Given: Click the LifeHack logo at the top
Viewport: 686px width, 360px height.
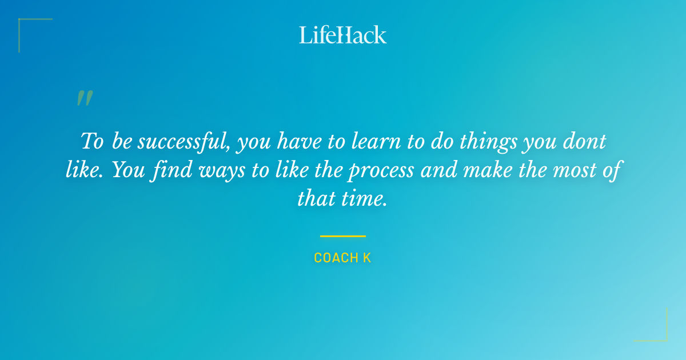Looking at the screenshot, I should pyautogui.click(x=343, y=35).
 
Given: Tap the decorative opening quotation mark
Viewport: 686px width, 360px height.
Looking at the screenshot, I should pyautogui.click(x=84, y=99).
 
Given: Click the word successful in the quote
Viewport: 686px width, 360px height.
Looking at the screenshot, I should pyautogui.click(x=184, y=141).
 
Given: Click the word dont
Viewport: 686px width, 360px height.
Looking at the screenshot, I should pyautogui.click(x=584, y=141).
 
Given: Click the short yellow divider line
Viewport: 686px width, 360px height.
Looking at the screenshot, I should pyautogui.click(x=343, y=236).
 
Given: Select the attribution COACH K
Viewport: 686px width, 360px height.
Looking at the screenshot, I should pyautogui.click(x=343, y=258).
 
